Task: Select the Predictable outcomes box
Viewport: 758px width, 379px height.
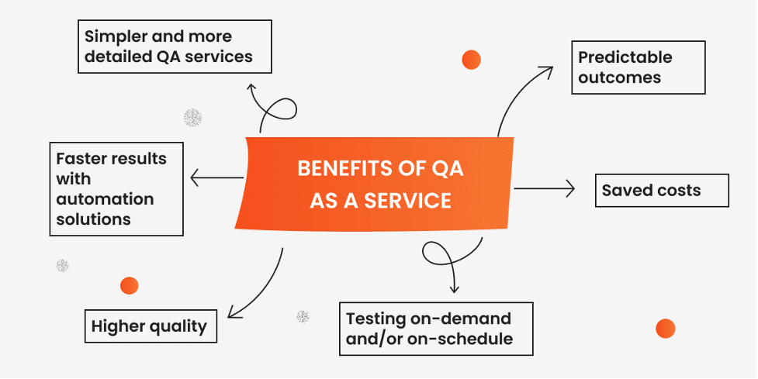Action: coord(638,67)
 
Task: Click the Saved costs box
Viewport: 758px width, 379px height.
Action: coord(662,191)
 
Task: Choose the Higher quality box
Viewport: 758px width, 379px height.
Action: coord(150,326)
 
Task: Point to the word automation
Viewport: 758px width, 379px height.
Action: coord(105,199)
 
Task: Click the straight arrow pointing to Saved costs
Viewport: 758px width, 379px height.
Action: coord(543,188)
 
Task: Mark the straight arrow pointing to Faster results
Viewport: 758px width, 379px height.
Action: coord(216,178)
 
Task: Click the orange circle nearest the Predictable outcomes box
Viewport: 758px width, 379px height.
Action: coord(471,59)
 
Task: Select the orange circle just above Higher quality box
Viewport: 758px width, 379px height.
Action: coord(129,285)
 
